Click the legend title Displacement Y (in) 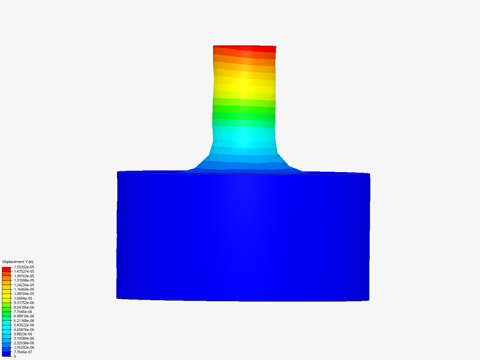click(x=18, y=262)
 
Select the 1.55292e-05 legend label click(x=24, y=267)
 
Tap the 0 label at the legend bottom click(x=15, y=356)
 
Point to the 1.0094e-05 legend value click(x=23, y=298)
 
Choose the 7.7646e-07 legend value click(x=23, y=352)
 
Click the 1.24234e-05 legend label click(x=24, y=285)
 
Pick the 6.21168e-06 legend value click(x=24, y=321)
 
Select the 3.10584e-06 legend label click(x=24, y=338)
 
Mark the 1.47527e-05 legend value click(x=24, y=271)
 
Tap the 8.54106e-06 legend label click(x=24, y=307)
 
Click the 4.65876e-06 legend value click(x=24, y=330)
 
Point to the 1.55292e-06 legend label click(x=24, y=347)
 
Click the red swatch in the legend click(x=6, y=269)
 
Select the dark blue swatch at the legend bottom click(x=6, y=354)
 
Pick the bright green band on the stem click(x=244, y=109)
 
